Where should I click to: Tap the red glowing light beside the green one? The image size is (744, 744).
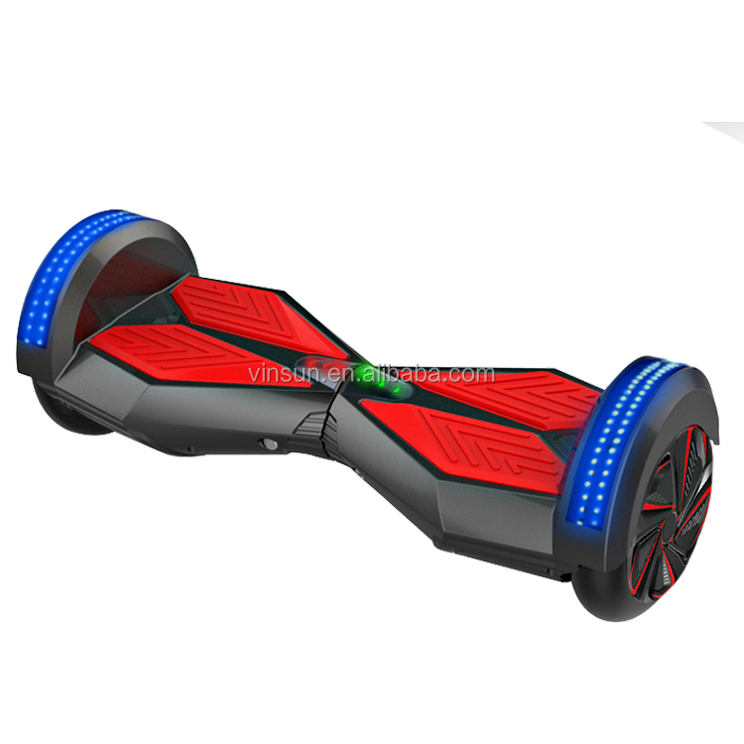pyautogui.click(x=398, y=390)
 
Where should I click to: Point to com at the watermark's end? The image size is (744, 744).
pyautogui.click(x=472, y=375)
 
